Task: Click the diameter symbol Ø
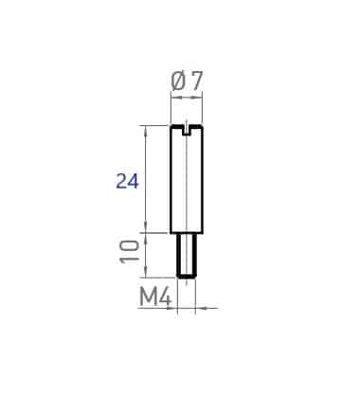click(179, 81)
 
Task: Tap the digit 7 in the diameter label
click(196, 81)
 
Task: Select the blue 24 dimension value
click(128, 181)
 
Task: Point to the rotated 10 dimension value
click(130, 251)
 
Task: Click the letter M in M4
click(149, 297)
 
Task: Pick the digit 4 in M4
click(166, 297)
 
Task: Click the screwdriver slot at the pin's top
click(187, 131)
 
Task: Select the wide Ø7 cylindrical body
click(187, 179)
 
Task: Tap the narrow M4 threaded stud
click(187, 256)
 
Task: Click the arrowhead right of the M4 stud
click(201, 308)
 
